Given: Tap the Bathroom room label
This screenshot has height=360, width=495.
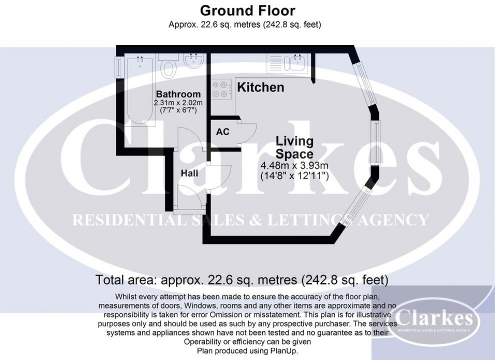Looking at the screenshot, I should [178, 94].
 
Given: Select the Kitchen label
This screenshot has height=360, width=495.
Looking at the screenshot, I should [261, 88].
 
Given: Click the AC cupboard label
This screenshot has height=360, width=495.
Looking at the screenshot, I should [222, 132].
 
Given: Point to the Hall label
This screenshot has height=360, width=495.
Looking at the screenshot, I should [189, 173].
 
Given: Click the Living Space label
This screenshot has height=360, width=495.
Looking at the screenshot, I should [294, 148].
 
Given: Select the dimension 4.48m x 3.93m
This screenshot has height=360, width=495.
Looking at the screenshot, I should [294, 166].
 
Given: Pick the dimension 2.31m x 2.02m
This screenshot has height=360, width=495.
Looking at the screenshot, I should [178, 103].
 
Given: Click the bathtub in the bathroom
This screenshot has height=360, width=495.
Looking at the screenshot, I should [140, 90].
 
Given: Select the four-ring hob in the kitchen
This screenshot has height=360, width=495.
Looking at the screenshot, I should [220, 89].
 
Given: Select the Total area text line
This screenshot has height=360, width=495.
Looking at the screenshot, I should [242, 279].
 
